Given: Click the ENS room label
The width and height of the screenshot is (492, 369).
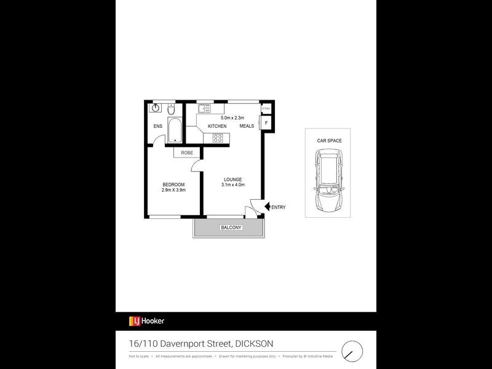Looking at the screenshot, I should point(157,127).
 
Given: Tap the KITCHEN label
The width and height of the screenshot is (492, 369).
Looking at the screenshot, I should point(216,126).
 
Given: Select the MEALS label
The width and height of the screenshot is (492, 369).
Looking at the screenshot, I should point(247,126).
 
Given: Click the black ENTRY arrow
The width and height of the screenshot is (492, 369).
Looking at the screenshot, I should point(266,207).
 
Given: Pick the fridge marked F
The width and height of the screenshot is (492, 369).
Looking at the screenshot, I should point(266,123).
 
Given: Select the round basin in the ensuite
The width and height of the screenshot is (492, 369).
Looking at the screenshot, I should point(156,107).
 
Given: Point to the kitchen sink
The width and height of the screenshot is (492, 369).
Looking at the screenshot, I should point(204,109).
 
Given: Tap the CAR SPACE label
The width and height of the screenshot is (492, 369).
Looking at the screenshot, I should point(329,141).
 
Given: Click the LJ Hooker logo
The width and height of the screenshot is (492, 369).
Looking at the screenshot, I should point(146,321).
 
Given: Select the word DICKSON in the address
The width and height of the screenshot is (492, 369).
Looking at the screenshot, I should point(253,343).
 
